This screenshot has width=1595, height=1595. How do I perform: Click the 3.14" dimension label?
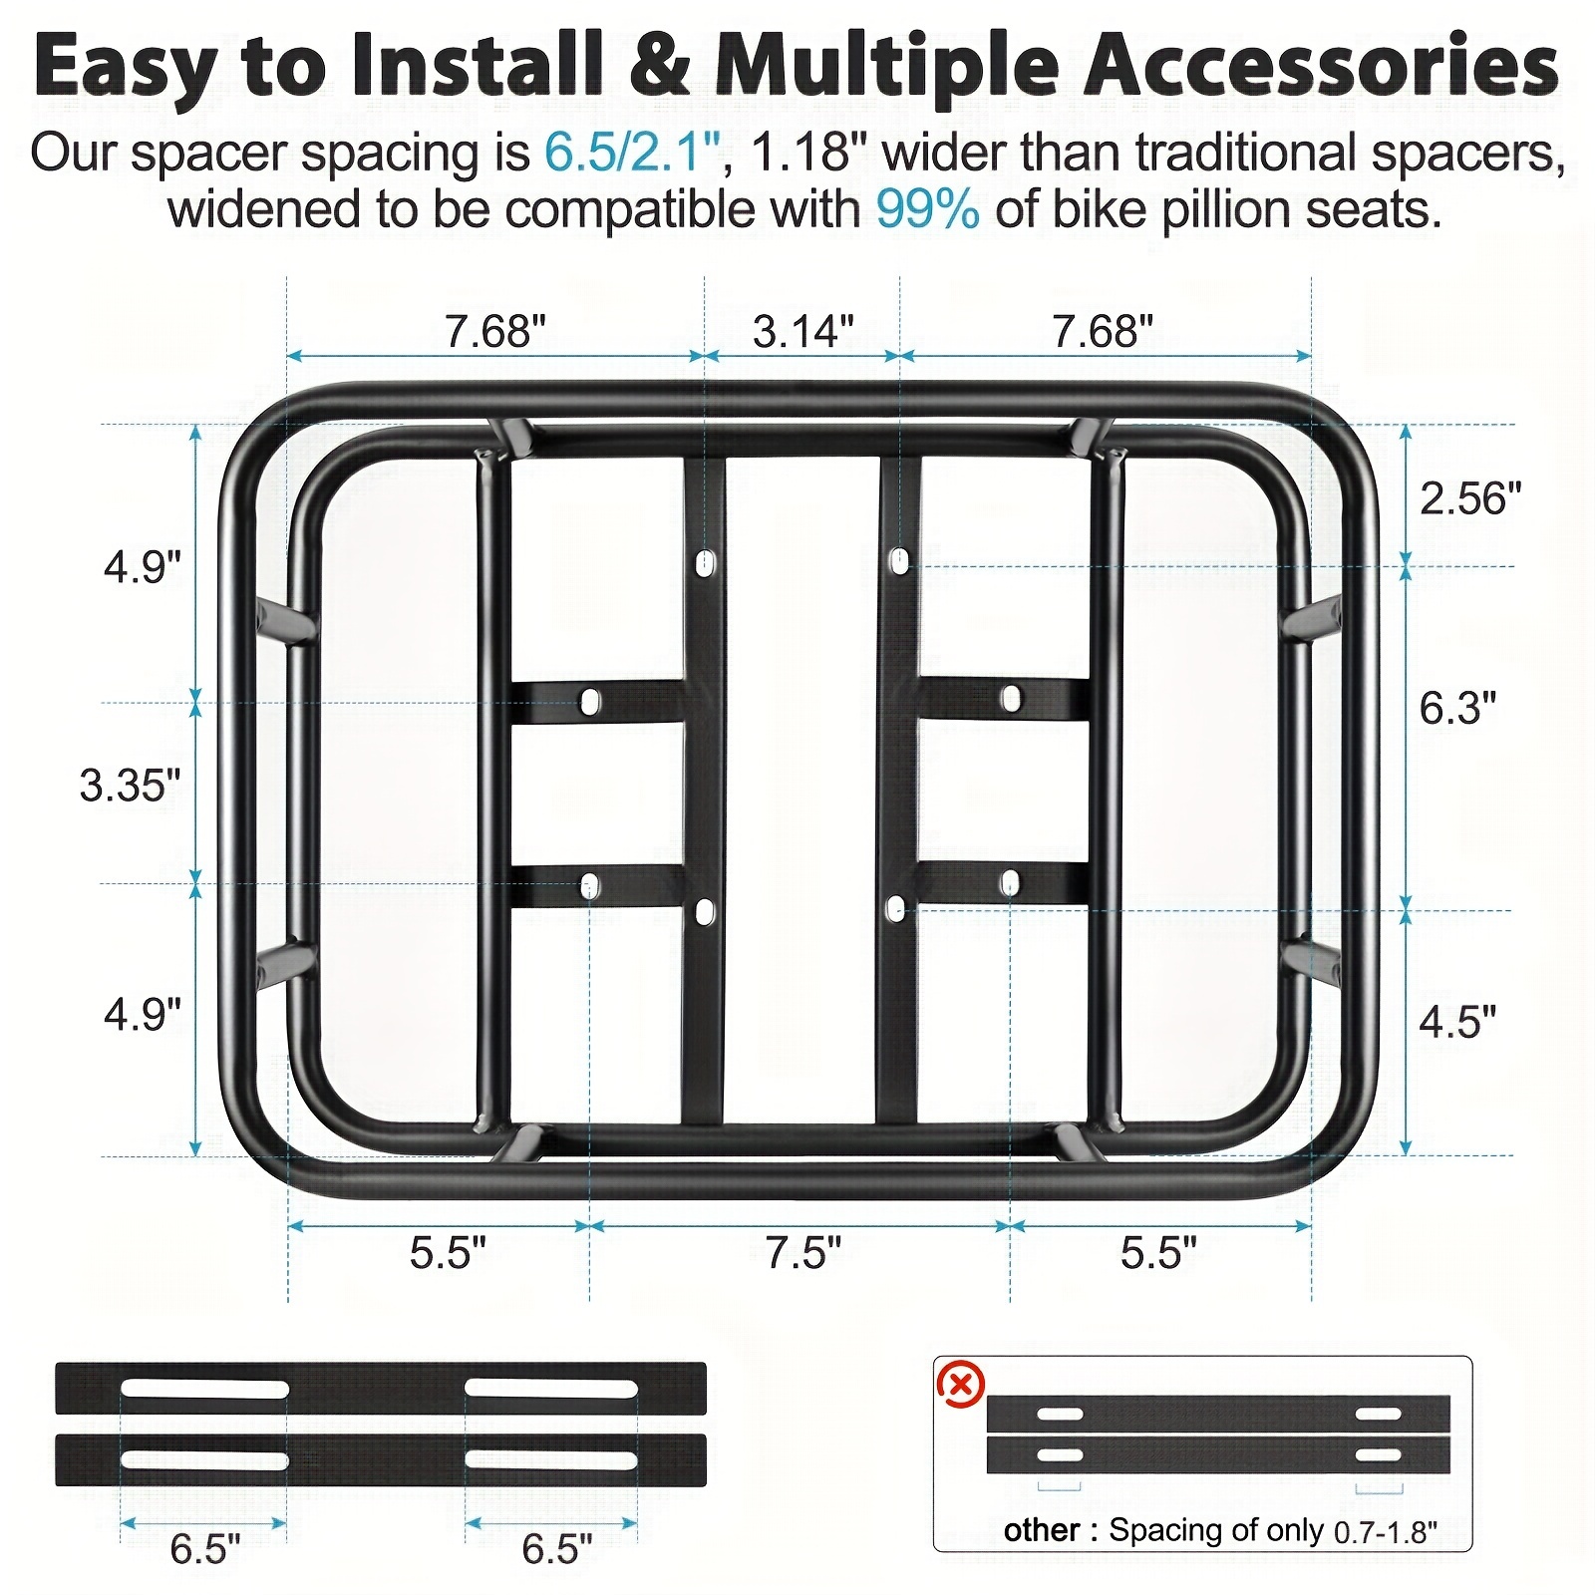[x=803, y=331]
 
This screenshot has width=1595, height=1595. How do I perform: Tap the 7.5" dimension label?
[x=803, y=1252]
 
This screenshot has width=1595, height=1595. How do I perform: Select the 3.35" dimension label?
[x=131, y=786]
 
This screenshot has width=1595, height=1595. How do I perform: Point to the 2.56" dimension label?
[x=1470, y=498]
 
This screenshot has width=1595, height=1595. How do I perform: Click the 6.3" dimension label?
[x=1457, y=708]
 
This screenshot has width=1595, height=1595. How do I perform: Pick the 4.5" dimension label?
[x=1457, y=1022]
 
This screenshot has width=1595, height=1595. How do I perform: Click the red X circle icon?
[x=961, y=1386]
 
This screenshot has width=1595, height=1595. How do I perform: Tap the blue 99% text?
[x=927, y=210]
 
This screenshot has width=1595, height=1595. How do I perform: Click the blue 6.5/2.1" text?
[x=632, y=154]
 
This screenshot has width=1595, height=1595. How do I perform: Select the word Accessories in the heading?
[x=1322, y=66]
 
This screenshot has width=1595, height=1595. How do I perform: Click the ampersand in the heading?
[x=659, y=66]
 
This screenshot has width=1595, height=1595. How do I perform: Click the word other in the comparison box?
[x=1042, y=1530]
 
